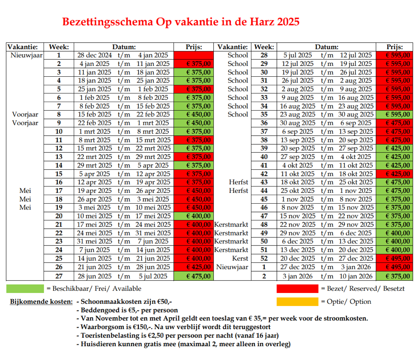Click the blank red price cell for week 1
(x=194, y=55)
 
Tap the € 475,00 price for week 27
(x=198, y=276)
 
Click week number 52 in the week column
(x=264, y=259)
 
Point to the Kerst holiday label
(x=240, y=259)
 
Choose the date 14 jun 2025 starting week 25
(x=95, y=259)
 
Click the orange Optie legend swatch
(x=297, y=302)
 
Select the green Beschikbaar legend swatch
(x=25, y=289)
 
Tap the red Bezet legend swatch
(x=297, y=289)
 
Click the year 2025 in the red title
(x=288, y=22)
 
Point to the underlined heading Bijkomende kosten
(x=41, y=302)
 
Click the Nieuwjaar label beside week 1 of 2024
(x=26, y=55)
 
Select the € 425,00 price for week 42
(x=398, y=174)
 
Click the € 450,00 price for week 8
(x=198, y=114)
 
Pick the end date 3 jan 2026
(x=356, y=267)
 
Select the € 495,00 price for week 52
(x=398, y=259)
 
